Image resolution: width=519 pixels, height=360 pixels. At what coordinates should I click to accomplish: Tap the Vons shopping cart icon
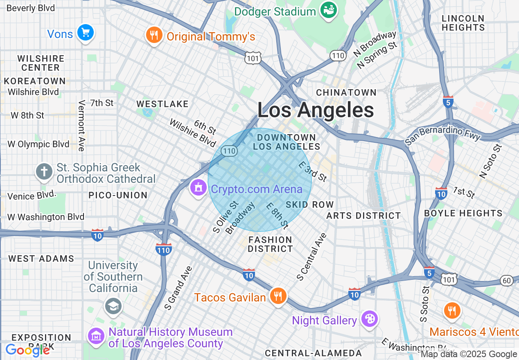pos(86,33)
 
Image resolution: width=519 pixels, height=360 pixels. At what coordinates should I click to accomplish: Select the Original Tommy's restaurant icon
pos(154,36)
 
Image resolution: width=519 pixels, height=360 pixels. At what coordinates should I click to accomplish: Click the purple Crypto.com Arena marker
pos(199,188)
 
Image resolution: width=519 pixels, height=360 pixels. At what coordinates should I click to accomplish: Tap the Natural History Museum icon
pos(96,337)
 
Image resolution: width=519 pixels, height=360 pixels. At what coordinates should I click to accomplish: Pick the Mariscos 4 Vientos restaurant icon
pos(452,311)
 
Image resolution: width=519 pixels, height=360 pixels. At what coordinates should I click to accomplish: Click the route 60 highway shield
pos(506,280)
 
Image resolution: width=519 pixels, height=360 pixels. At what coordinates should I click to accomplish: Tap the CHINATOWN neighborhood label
pos(346,92)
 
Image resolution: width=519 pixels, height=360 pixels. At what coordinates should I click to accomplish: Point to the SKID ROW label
pos(310,205)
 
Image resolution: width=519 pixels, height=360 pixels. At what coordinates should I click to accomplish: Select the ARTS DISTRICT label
pos(363,216)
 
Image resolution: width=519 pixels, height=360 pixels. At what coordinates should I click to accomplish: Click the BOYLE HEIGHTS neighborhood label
pos(463,213)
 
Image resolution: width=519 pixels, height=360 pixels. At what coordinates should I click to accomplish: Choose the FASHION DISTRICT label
pos(270,244)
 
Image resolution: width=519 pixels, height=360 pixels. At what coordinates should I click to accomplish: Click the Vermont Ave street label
pos(81,126)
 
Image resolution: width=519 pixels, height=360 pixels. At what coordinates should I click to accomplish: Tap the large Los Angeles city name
pos(316,110)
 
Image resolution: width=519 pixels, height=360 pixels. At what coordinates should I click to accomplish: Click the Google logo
pos(27,350)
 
